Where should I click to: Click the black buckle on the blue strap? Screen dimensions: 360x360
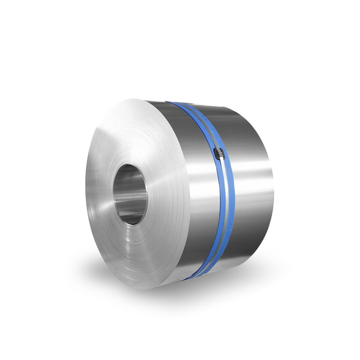(220, 154)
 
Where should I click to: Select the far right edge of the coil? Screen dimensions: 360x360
(273, 189)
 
